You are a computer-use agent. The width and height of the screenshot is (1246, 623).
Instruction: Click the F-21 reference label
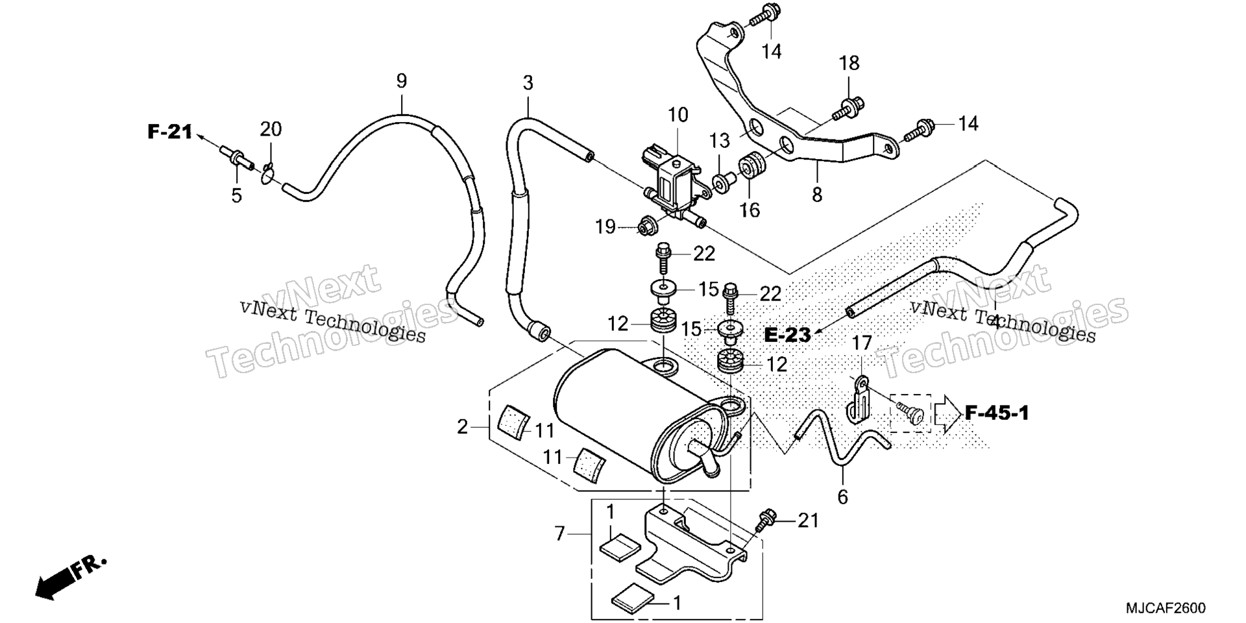[170, 132]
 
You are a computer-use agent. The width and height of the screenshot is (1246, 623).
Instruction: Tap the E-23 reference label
[787, 335]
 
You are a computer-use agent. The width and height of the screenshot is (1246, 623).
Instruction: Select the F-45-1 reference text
[997, 413]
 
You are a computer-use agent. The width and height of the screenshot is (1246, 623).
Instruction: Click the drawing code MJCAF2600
[1166, 608]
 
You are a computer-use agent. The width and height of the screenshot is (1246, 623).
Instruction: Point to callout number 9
[402, 81]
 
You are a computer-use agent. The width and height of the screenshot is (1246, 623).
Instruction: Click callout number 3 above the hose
[528, 83]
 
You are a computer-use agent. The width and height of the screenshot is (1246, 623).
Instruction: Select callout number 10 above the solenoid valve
[678, 116]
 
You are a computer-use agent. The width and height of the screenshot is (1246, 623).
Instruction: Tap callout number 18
[849, 63]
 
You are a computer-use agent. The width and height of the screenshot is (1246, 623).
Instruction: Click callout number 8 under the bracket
[816, 193]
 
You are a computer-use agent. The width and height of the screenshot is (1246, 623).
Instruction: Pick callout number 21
[808, 520]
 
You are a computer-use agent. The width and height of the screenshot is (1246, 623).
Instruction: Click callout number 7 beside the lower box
[560, 534]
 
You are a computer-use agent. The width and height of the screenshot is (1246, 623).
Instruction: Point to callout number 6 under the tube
[842, 497]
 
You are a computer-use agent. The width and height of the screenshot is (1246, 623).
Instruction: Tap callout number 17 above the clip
[862, 343]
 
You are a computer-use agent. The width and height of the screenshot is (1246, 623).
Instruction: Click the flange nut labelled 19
[646, 226]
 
